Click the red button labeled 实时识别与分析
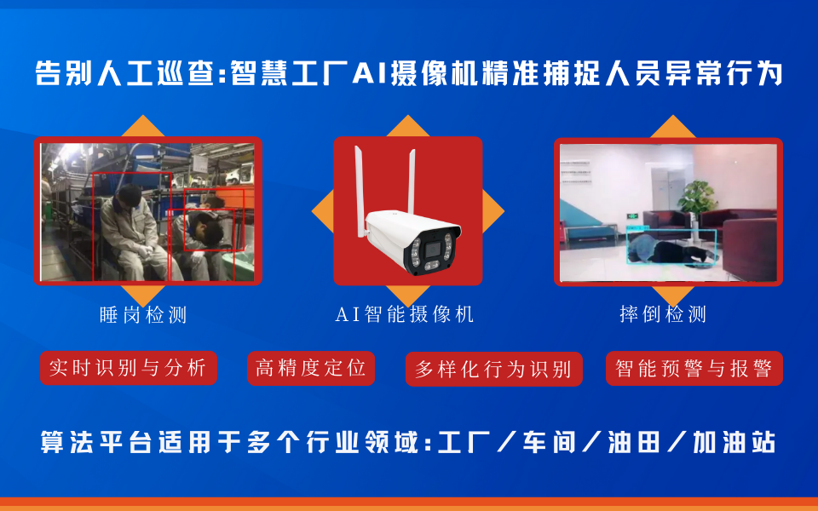[129, 368]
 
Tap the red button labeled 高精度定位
[311, 368]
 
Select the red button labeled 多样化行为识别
[493, 370]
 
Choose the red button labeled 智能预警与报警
[694, 369]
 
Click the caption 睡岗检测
[143, 315]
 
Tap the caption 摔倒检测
[664, 314]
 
